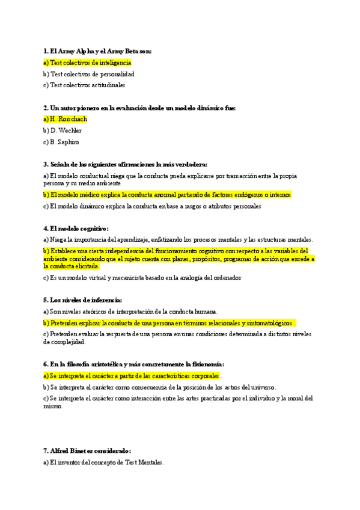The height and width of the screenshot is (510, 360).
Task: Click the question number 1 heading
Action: tap(45, 52)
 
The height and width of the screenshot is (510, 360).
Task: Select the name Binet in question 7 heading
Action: tap(83, 451)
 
